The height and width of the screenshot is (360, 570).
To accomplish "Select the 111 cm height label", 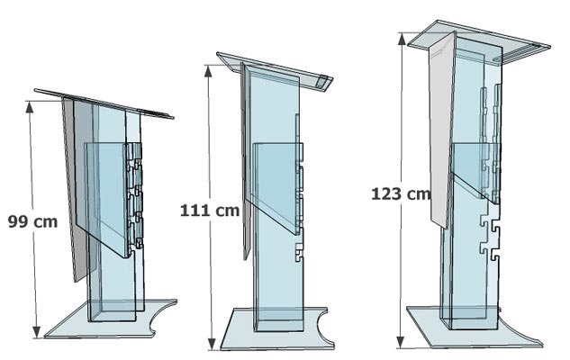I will pos(210,211).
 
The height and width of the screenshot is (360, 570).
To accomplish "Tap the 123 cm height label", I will pos(400,193).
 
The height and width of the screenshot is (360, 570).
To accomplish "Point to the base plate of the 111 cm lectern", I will pos(270,331).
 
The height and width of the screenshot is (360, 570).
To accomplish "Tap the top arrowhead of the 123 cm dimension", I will pos(403,36).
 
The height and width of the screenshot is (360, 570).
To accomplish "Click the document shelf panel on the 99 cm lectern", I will pos(106,189).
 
